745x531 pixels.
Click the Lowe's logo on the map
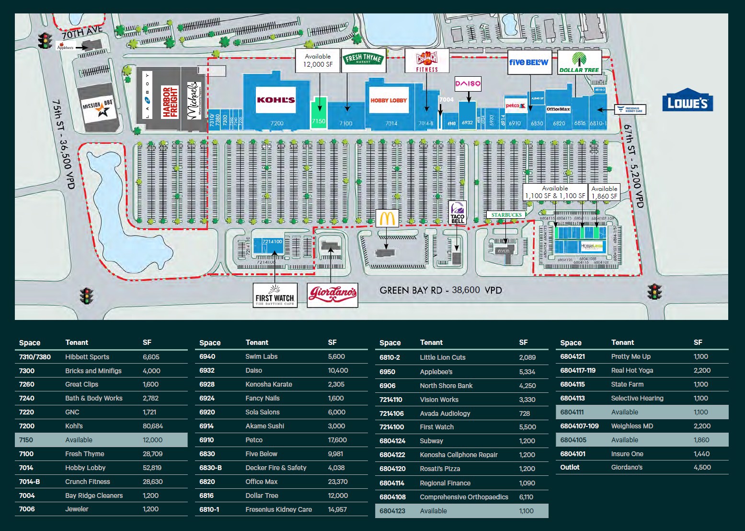(x=688, y=101)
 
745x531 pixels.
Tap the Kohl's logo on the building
(x=275, y=100)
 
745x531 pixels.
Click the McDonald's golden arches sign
(x=387, y=218)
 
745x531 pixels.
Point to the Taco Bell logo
(x=458, y=212)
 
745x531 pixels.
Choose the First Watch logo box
(x=275, y=295)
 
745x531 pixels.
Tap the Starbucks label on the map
(x=506, y=215)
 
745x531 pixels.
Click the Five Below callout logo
(x=528, y=62)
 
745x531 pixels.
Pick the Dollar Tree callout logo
(x=579, y=62)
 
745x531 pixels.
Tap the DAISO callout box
(x=467, y=84)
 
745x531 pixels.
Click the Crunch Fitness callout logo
(x=426, y=61)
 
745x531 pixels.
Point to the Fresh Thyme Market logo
(x=363, y=60)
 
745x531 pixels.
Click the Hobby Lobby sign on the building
(x=389, y=100)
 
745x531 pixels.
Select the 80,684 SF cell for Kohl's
(x=153, y=426)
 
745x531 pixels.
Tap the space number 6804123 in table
(x=392, y=511)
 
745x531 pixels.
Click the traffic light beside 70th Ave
(x=46, y=40)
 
